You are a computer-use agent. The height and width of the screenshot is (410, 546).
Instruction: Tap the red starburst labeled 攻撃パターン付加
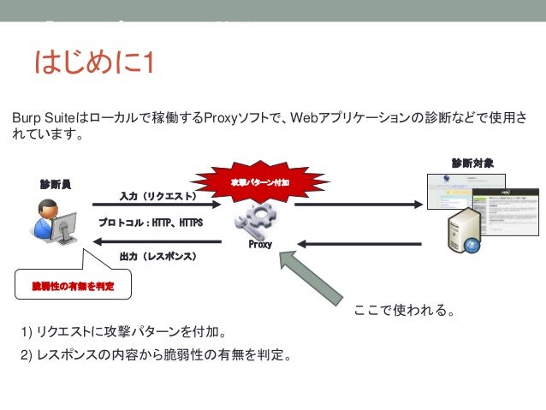(260, 182)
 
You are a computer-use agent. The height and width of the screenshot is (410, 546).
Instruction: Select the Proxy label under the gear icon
(260, 244)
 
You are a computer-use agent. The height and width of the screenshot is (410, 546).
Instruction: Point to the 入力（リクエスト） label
(158, 196)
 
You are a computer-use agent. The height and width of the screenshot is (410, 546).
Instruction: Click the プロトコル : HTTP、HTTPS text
(150, 222)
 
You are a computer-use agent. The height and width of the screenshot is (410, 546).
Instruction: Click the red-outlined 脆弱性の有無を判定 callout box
(71, 284)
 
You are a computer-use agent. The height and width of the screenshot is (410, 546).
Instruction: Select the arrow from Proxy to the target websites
(359, 205)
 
